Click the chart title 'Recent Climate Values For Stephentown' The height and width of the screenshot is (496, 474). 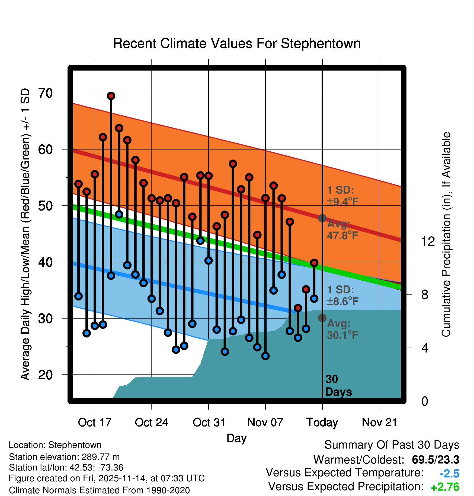(237, 43)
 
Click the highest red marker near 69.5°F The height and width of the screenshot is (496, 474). (111, 96)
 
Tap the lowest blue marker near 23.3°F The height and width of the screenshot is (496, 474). (265, 356)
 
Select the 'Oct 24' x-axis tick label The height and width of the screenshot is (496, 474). (151, 422)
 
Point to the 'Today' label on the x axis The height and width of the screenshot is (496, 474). (322, 422)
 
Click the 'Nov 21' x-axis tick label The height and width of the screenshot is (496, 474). (379, 422)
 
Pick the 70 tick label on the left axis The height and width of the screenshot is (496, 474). (45, 93)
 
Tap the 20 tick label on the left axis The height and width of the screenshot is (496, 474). (45, 375)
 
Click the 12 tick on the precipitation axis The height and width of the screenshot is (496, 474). (428, 241)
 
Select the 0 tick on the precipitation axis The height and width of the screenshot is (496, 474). (425, 401)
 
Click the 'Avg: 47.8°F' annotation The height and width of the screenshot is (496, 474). (342, 230)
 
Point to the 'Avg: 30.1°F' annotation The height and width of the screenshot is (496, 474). (342, 329)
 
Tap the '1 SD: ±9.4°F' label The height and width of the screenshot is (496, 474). (342, 196)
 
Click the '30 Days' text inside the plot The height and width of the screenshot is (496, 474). (338, 386)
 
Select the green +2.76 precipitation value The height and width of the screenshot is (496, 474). (445, 487)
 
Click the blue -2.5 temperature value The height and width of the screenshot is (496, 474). (449, 473)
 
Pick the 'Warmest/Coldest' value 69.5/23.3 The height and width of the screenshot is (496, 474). (435, 460)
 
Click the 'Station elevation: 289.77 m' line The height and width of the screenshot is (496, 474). (64, 457)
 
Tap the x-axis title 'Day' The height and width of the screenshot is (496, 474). (236, 438)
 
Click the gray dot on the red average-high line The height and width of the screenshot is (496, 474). (322, 218)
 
